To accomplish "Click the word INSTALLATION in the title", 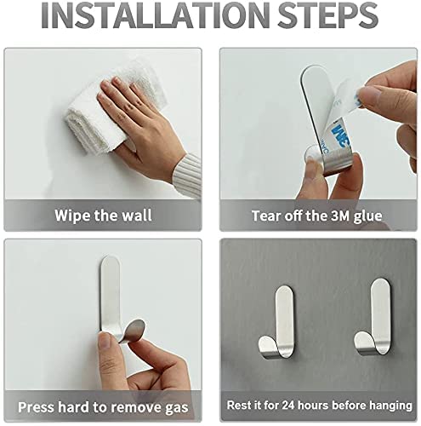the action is pyautogui.click(x=156, y=15).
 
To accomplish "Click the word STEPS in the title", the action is pyautogui.click(x=327, y=15).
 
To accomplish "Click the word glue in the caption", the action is pyautogui.click(x=367, y=217).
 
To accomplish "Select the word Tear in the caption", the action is pyautogui.click(x=266, y=216).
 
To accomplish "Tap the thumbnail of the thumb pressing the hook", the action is pyautogui.click(x=105, y=340).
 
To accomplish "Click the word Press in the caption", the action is pyautogui.click(x=36, y=406).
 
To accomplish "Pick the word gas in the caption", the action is pyautogui.click(x=177, y=408).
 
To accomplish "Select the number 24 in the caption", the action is pyautogui.click(x=288, y=406).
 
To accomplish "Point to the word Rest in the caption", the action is pyautogui.click(x=238, y=406).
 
